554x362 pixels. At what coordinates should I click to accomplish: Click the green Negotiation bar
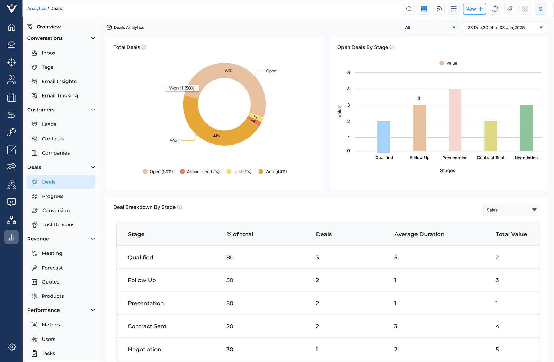tap(526, 128)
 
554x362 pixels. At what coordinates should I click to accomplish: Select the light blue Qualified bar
tap(383, 137)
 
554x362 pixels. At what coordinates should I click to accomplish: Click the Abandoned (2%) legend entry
tap(200, 171)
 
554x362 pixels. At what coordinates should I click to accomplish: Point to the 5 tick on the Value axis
tap(348, 73)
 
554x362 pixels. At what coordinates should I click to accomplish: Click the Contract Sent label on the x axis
tap(490, 158)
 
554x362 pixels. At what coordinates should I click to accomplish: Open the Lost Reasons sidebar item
tap(58, 225)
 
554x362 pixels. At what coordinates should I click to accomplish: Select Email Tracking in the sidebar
tap(60, 95)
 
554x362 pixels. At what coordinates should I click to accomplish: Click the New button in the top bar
tap(474, 9)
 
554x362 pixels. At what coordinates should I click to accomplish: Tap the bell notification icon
tap(495, 9)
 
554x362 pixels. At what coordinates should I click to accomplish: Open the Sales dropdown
tap(511, 210)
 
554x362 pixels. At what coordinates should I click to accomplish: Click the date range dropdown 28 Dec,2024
tap(504, 28)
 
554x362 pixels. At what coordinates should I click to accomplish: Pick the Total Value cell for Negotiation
tap(497, 349)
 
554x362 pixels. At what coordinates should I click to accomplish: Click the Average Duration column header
tap(419, 234)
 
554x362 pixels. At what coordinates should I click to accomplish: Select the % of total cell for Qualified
tap(230, 257)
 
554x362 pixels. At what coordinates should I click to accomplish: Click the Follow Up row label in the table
tap(142, 280)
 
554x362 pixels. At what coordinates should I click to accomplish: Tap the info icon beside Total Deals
tap(144, 47)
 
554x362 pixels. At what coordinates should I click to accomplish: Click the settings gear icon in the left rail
tap(11, 347)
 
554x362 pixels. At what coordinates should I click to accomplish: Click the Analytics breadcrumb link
tap(37, 8)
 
